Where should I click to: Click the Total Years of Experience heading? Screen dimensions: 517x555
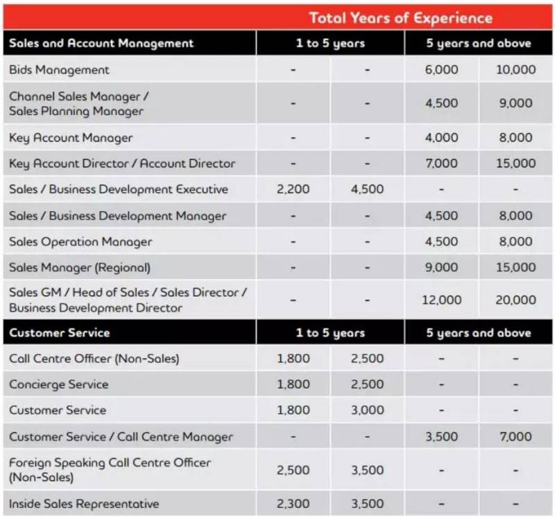click(400, 18)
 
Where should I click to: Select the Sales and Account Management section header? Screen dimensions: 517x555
click(101, 43)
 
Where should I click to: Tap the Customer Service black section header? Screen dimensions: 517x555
click(60, 332)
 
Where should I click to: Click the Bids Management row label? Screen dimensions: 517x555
click(59, 69)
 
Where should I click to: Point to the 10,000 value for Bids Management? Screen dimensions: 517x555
click(516, 69)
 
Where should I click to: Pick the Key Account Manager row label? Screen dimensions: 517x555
click(71, 137)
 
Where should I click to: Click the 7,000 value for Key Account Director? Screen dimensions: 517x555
click(441, 164)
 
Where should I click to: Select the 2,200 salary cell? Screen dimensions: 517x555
click(293, 189)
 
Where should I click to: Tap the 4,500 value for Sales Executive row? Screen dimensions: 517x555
click(367, 189)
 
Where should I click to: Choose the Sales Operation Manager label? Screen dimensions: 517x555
click(80, 241)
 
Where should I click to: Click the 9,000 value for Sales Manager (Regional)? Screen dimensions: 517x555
click(441, 267)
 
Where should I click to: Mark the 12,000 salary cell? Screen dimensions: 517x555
click(441, 300)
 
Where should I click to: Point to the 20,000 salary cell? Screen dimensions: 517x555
click(516, 300)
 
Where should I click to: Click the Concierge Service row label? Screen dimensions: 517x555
click(58, 384)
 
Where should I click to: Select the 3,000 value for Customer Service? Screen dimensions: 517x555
click(367, 410)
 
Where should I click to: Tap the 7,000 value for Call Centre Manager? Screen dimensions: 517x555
click(516, 437)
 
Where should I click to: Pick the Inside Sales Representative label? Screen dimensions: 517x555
click(84, 504)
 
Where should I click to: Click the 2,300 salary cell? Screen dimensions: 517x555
click(293, 504)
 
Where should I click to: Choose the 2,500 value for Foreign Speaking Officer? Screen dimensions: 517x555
click(293, 470)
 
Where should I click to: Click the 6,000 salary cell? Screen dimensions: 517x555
click(441, 69)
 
